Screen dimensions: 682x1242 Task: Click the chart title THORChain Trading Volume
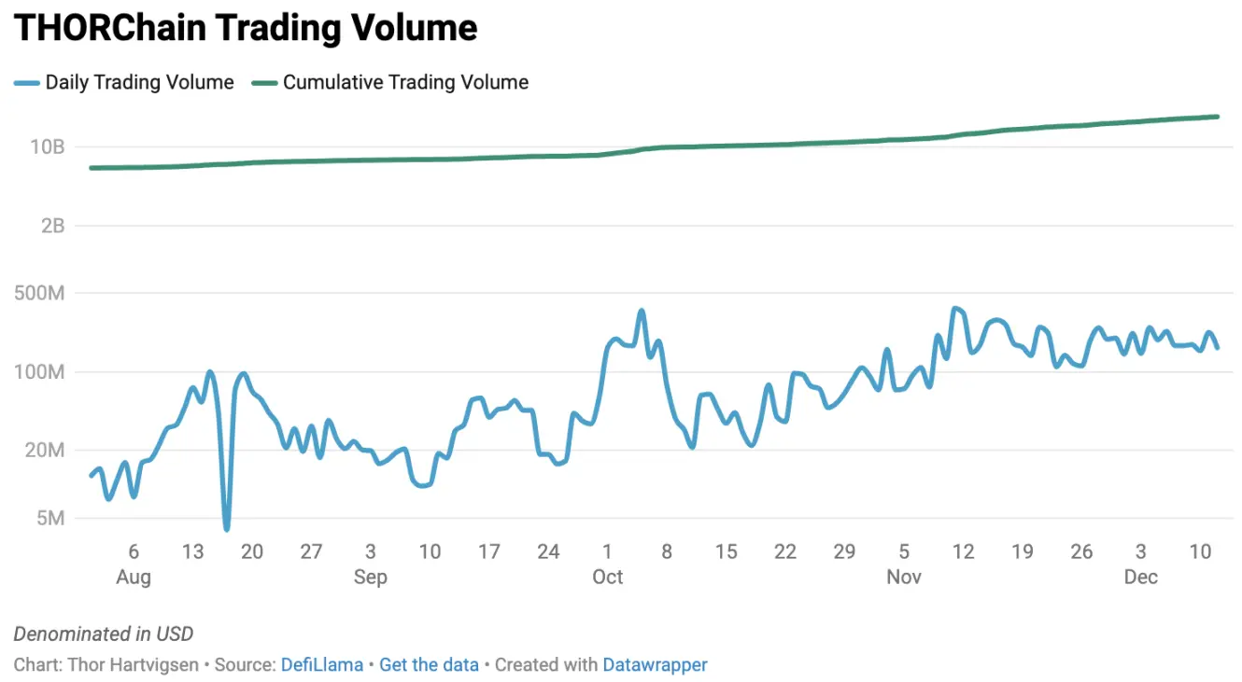pyautogui.click(x=246, y=29)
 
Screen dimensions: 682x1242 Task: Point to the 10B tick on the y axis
pyautogui.click(x=47, y=147)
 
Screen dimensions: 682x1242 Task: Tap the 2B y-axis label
pyautogui.click(x=52, y=226)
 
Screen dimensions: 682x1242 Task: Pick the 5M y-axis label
pyautogui.click(x=50, y=519)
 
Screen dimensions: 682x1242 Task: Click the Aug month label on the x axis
pyautogui.click(x=134, y=578)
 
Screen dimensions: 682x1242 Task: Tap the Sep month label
pyautogui.click(x=370, y=578)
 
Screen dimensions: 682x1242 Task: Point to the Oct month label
pyautogui.click(x=607, y=578)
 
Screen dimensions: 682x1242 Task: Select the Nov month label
pyautogui.click(x=903, y=578)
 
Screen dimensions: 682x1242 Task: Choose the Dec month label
pyautogui.click(x=1140, y=578)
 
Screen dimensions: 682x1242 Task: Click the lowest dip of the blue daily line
pyautogui.click(x=226, y=529)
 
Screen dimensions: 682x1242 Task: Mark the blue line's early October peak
pyautogui.click(x=641, y=312)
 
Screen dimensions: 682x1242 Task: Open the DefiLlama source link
pyautogui.click(x=321, y=665)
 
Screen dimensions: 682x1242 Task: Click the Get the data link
pyautogui.click(x=429, y=665)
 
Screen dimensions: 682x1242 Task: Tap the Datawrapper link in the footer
pyautogui.click(x=655, y=665)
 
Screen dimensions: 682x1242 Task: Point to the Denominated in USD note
pyautogui.click(x=104, y=634)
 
